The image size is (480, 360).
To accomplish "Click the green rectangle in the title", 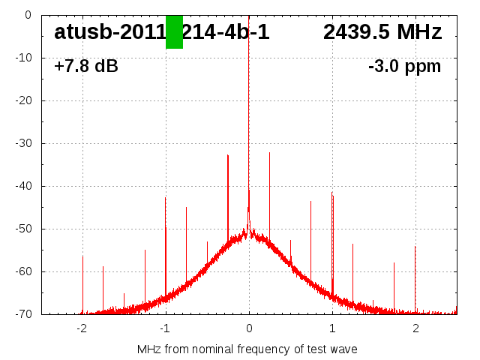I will tap(174, 32).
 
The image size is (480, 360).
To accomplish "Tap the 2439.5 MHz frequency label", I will tap(382, 32).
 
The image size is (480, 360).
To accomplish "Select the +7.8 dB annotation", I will tap(86, 67).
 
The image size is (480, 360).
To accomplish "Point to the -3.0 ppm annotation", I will tap(404, 67).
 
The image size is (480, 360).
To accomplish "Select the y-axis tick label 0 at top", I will tap(27, 15).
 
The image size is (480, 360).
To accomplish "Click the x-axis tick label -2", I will tap(81, 328).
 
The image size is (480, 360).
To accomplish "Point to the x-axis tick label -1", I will tap(164, 328).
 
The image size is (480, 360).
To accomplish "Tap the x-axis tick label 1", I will tap(332, 328).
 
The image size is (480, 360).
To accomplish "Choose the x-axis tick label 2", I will tap(415, 328).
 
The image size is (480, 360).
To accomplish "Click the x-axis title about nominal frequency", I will tap(247, 349).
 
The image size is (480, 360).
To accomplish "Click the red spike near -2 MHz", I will tap(82, 285).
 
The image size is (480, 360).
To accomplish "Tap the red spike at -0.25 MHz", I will tap(228, 195).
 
